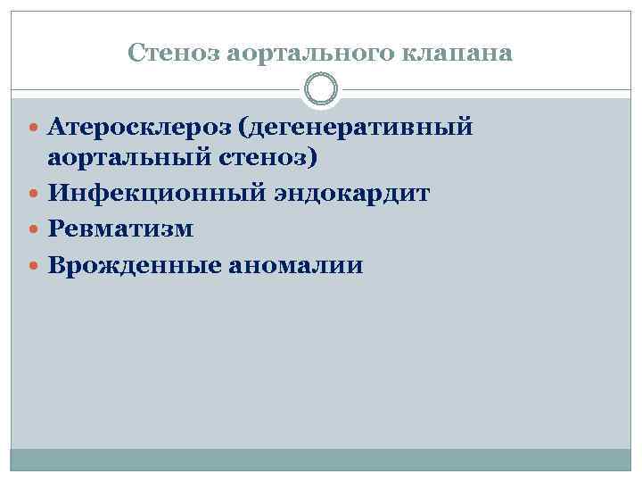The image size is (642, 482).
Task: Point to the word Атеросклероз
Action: point(141,129)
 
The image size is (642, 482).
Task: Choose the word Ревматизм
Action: point(120,229)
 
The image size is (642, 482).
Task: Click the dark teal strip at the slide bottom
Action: point(321,460)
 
